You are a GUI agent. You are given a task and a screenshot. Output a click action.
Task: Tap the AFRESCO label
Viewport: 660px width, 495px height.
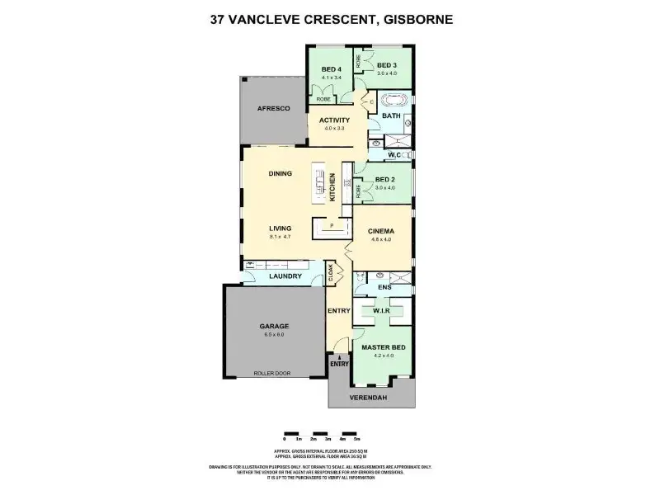[x=271, y=108]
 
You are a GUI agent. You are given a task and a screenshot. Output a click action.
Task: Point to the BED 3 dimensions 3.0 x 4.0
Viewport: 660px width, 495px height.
[x=387, y=73]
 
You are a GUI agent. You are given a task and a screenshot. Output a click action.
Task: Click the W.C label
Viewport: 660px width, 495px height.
[x=385, y=154]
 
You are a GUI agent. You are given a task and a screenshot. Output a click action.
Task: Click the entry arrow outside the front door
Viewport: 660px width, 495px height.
[x=339, y=356]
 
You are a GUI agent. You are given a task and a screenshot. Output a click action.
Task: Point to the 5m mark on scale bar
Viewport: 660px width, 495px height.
[x=357, y=438]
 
